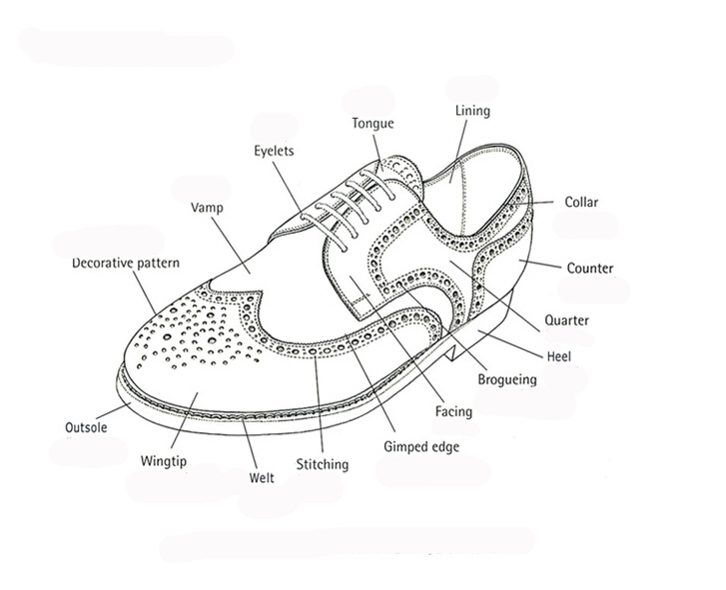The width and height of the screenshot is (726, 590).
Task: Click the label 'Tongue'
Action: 372,124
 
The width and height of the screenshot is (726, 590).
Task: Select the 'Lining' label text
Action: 472,111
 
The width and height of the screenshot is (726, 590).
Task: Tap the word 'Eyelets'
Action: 273,151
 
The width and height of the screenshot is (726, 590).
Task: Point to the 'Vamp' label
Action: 207,209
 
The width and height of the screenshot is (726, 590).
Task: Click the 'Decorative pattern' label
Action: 126,264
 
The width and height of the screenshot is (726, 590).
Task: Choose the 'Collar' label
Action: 581,202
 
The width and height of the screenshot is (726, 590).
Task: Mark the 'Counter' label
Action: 590,268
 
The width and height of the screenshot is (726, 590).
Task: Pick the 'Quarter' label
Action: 566,320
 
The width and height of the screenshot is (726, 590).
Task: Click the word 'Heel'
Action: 558,355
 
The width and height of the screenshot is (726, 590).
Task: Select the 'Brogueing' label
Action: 508,379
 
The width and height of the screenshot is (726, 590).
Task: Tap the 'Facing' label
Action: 454,410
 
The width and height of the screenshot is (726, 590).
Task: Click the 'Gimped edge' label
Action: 421,446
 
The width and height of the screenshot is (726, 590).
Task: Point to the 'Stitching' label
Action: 323,464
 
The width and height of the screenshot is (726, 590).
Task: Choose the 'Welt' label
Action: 261,478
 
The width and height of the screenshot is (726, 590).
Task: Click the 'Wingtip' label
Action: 164,461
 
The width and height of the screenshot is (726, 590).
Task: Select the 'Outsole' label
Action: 86,427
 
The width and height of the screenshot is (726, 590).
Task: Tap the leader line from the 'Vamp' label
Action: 232,246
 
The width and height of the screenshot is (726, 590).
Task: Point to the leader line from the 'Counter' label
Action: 539,265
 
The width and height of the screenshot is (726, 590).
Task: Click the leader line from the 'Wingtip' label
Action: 183,423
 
